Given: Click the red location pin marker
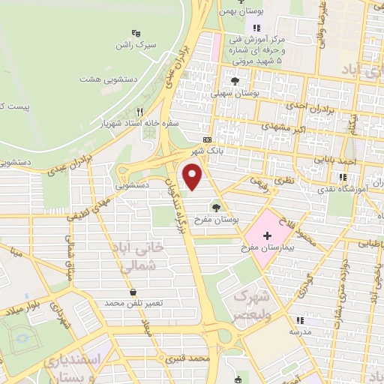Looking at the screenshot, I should click(193, 177).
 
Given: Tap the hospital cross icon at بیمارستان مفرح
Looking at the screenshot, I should click(268, 235).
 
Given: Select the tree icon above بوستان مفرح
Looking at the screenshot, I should click(217, 208).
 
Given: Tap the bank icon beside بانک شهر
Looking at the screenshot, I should click(207, 139).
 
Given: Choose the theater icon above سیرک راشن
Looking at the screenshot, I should click(135, 33).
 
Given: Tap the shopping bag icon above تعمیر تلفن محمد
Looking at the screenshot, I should click(133, 292).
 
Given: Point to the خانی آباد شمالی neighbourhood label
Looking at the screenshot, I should click(134, 255).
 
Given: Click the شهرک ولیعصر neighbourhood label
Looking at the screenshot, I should click(253, 303).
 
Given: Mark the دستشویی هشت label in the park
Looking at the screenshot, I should click(102, 78).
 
